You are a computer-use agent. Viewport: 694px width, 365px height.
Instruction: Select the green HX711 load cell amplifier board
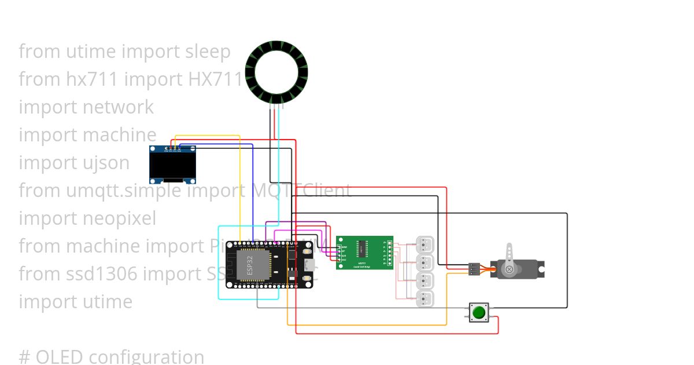click(x=364, y=253)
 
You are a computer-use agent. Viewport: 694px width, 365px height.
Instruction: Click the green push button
click(x=478, y=312)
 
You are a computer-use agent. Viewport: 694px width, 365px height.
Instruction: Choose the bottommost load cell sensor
click(x=425, y=299)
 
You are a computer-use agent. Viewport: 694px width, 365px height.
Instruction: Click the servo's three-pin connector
click(x=474, y=269)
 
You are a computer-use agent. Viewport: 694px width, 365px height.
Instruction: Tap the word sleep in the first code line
click(x=208, y=52)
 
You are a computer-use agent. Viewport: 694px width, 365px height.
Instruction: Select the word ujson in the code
click(x=106, y=163)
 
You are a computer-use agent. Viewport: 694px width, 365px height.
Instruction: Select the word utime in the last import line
click(x=108, y=302)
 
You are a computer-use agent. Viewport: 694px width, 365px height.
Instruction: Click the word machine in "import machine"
click(x=120, y=135)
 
